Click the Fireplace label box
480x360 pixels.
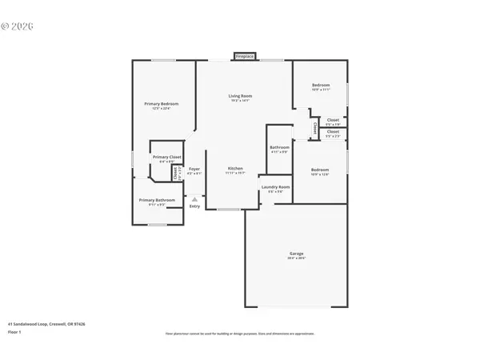(244, 57)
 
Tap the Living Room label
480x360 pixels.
(240, 96)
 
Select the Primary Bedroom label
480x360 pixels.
(161, 104)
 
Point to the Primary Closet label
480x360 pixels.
(166, 157)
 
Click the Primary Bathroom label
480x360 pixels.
(156, 200)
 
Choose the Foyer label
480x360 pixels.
(194, 169)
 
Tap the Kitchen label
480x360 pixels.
(235, 169)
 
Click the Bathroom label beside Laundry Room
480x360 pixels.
(279, 147)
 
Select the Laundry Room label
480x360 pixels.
(275, 187)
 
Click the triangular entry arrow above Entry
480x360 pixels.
(194, 198)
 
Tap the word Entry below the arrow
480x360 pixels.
(194, 206)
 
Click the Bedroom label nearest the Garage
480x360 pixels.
(320, 170)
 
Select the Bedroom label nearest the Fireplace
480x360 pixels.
(321, 85)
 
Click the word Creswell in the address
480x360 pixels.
(58, 324)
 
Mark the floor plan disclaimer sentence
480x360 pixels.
(240, 333)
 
